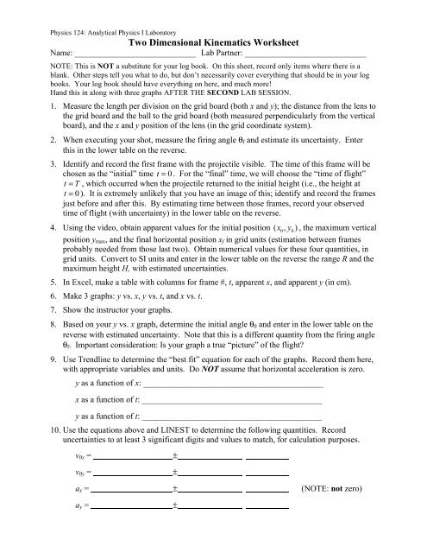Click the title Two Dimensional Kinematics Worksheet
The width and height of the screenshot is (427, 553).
click(213, 41)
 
